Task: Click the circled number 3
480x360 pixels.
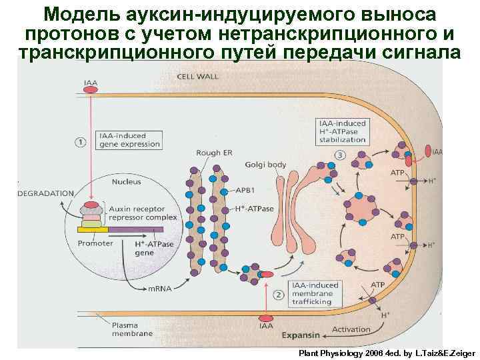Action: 340,155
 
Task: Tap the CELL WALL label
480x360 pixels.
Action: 197,76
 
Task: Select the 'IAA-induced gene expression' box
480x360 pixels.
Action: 129,139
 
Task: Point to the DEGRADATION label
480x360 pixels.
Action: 45,193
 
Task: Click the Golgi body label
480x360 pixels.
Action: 265,164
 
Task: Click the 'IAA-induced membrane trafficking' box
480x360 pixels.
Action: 315,293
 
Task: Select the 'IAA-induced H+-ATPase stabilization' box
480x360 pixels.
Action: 343,132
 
